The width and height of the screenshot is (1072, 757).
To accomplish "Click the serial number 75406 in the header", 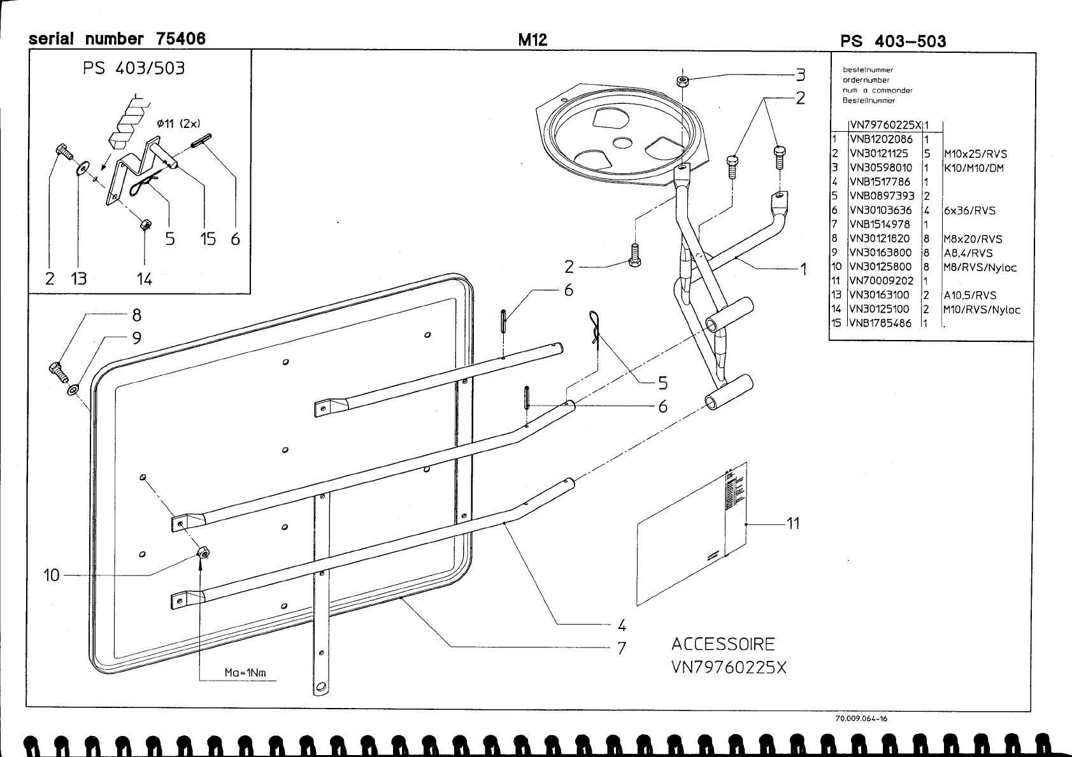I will pos(180,39).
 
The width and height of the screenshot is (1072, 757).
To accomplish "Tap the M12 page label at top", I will pos(532,40).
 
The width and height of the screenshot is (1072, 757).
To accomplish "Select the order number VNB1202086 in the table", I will pos(881,139).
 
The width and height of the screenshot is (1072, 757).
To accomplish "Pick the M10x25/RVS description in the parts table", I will pos(975,154).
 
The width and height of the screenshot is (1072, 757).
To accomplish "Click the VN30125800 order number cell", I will pos(881,267).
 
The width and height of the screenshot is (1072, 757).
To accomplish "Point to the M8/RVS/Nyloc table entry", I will pos(980,267).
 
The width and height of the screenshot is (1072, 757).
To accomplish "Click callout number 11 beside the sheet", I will pos(792,523).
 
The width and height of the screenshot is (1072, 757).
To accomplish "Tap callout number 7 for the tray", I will pos(622,648).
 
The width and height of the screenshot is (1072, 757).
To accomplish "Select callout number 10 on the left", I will pos(52,576).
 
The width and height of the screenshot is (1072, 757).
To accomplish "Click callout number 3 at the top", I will pos(800,75).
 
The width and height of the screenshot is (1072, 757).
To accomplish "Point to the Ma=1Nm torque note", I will pos(245,673).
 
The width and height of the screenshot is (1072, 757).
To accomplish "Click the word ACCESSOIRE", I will pos(723,644).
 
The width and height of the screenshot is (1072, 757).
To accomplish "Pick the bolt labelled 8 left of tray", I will pos(57,370).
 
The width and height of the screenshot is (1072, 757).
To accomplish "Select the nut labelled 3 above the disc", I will pos(682,81).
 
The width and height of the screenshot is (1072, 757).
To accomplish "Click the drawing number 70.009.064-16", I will pos(861,719).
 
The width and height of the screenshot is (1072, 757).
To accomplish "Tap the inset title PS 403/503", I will pos(134,68).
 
